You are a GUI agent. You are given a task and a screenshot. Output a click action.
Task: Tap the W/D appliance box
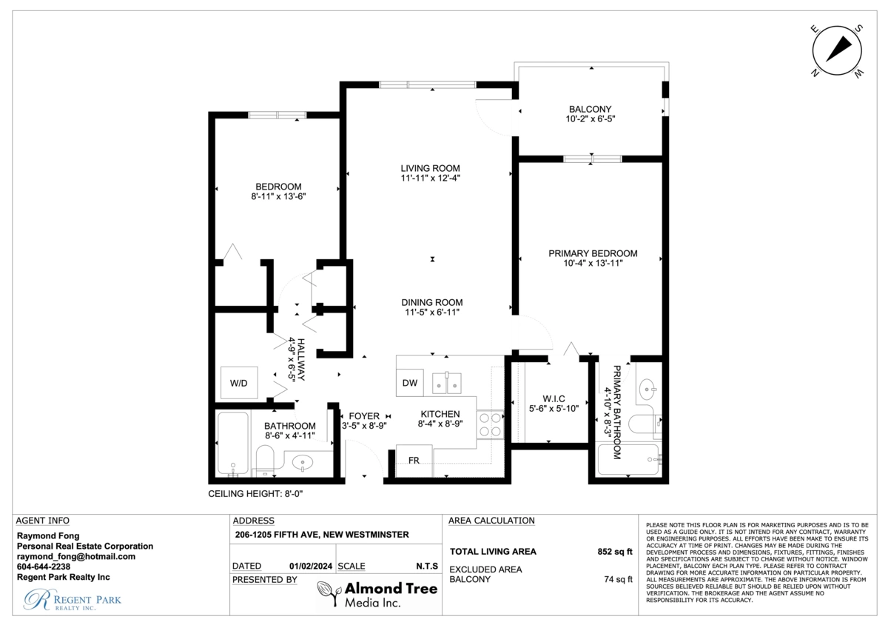point(239,383)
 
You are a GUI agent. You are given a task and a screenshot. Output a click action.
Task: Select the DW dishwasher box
point(410,383)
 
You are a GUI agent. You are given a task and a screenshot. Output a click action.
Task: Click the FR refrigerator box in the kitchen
point(414,461)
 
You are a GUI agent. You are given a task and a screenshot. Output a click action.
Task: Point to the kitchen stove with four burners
point(490,424)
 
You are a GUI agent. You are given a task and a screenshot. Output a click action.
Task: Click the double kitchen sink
point(447,383)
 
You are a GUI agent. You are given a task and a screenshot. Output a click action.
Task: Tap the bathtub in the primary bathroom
point(628,459)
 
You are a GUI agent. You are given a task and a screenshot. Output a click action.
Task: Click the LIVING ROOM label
point(430,168)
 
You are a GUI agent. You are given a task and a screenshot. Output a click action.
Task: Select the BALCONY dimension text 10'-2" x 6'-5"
point(591,118)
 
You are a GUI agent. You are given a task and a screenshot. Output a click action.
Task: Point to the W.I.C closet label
point(554,398)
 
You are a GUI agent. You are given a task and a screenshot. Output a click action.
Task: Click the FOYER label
point(364,416)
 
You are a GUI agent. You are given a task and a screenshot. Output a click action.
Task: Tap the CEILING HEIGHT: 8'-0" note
point(255,494)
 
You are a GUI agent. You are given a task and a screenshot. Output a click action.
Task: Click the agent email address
point(76,557)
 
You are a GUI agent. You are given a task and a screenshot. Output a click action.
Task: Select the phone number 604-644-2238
point(44,567)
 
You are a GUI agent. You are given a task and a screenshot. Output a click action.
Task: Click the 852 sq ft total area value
point(615,552)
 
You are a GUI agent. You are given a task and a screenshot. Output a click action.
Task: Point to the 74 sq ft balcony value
point(618,580)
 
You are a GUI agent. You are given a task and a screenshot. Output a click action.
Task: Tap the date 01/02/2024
point(311,566)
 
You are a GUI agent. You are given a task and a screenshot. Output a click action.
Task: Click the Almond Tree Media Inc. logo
point(377,594)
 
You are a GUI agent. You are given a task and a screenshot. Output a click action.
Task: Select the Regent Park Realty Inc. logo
point(73,600)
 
